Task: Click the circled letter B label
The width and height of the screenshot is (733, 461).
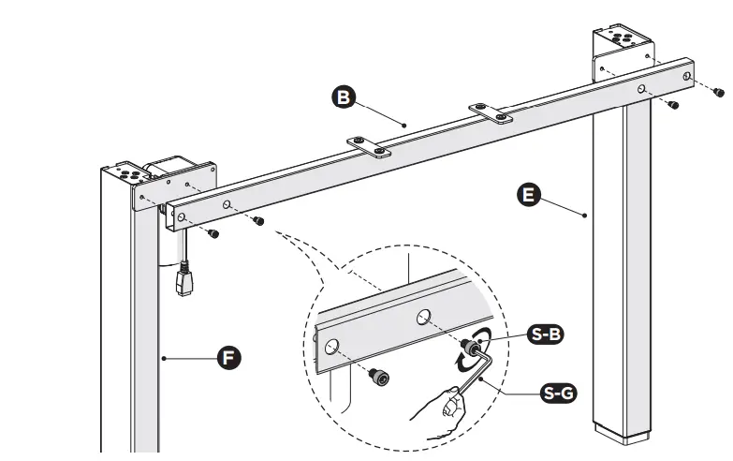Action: [x=344, y=96]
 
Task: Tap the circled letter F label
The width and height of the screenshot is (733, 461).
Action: [x=225, y=358]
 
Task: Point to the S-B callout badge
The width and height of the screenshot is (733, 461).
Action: [x=546, y=334]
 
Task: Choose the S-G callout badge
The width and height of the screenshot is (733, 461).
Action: [x=559, y=393]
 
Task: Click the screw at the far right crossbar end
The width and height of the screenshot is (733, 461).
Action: [x=718, y=92]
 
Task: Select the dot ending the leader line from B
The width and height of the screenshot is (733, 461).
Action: [x=404, y=124]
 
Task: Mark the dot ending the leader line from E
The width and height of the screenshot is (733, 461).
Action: [x=585, y=215]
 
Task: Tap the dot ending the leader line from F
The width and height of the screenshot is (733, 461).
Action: [x=164, y=357]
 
